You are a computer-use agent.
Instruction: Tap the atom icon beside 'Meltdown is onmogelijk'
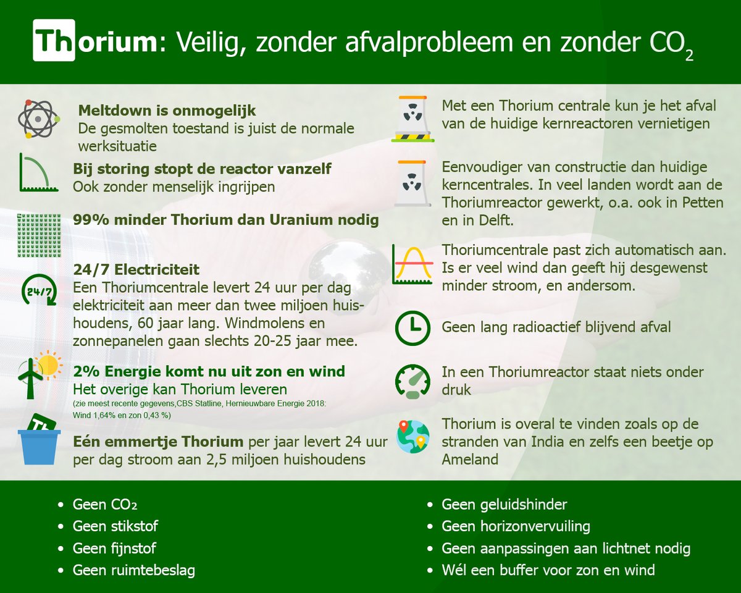tap(38, 118)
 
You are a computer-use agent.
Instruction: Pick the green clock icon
tap(412, 327)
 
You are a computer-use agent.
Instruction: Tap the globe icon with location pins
tap(412, 437)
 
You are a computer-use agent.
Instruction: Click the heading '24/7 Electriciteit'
tap(136, 270)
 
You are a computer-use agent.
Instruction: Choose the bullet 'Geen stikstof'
tap(115, 526)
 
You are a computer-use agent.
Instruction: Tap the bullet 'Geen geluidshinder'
tap(504, 505)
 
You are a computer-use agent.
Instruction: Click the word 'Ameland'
tap(471, 460)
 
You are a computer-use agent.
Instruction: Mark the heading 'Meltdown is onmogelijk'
tap(167, 111)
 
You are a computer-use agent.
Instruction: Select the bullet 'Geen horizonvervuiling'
tap(516, 526)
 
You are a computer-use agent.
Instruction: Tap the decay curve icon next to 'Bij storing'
tap(38, 172)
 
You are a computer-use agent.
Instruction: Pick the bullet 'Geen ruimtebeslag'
tap(133, 570)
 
